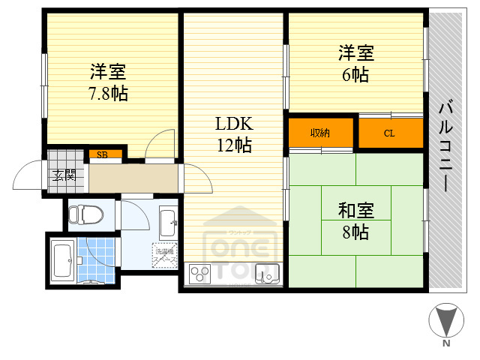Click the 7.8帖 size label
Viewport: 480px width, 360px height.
(108, 94)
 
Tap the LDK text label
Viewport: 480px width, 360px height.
(234, 124)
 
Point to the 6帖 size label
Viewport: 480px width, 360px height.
(355, 75)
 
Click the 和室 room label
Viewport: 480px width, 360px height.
(355, 211)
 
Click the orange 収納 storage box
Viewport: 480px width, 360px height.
(321, 133)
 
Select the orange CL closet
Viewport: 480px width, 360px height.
(390, 133)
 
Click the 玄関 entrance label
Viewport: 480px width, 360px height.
(63, 176)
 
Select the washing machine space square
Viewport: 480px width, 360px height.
(165, 255)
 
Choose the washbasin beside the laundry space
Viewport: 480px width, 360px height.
(168, 221)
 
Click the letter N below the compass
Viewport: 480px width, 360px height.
(446, 344)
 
